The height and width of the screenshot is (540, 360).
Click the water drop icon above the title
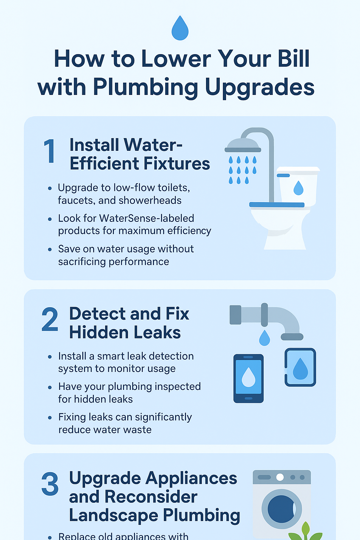pyautogui.click(x=180, y=28)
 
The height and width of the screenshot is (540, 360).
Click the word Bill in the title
pyautogui.click(x=294, y=59)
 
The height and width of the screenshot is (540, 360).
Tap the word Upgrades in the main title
pyautogui.click(x=260, y=88)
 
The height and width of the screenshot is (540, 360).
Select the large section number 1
pyautogui.click(x=50, y=152)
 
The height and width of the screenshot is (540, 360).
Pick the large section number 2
pyautogui.click(x=50, y=320)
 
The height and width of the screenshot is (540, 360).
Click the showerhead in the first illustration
pyautogui.click(x=243, y=145)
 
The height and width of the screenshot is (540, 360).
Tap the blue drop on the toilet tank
pyautogui.click(x=298, y=188)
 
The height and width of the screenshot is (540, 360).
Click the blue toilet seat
pyautogui.click(x=277, y=205)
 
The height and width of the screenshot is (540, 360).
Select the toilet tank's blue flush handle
pyautogui.click(x=283, y=175)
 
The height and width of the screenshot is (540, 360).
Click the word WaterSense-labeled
pyautogui.click(x=147, y=218)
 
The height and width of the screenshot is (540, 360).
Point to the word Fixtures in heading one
pyautogui.click(x=177, y=163)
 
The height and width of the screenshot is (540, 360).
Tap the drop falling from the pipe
pyautogui.click(x=264, y=338)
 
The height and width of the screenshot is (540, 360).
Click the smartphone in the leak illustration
pyautogui.click(x=248, y=379)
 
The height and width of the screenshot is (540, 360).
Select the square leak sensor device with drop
pyautogui.click(x=300, y=367)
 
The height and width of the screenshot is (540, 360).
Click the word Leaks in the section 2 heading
pyautogui.click(x=157, y=333)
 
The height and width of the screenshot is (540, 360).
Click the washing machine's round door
pyautogui.click(x=282, y=509)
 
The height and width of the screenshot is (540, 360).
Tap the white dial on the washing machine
pyautogui.click(x=280, y=477)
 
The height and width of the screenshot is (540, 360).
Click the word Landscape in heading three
pyautogui.click(x=114, y=516)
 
